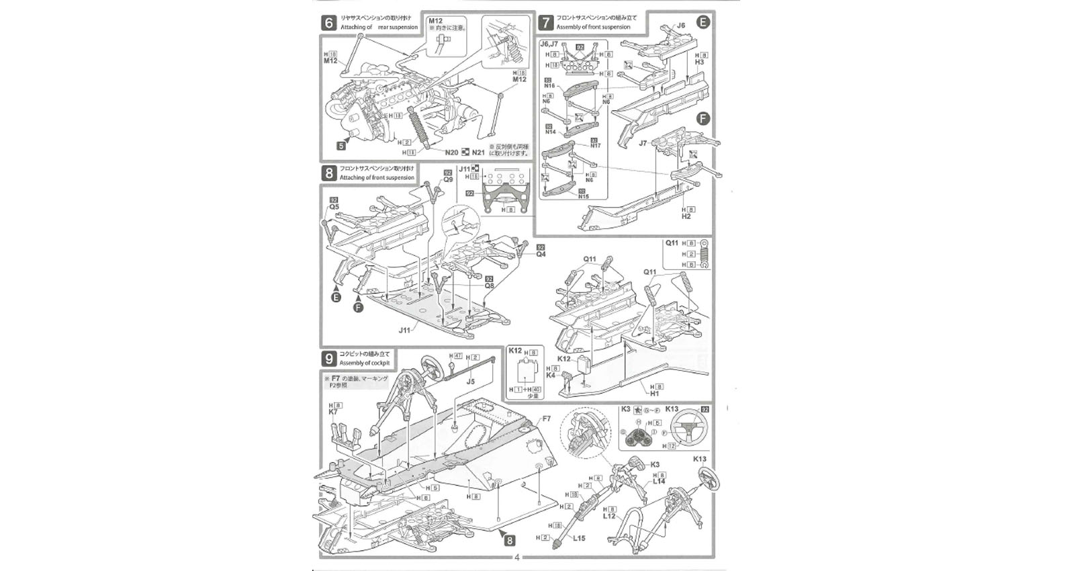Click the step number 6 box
click(328, 24)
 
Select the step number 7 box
click(545, 23)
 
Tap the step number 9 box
click(328, 359)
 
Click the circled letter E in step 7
click(702, 22)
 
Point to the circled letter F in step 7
click(702, 119)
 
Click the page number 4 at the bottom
click(516, 557)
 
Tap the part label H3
click(699, 62)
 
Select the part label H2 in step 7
click(686, 216)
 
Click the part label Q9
click(448, 180)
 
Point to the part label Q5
click(334, 207)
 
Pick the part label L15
click(579, 538)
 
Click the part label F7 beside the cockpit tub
click(546, 419)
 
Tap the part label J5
click(471, 382)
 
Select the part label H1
click(654, 394)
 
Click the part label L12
click(609, 516)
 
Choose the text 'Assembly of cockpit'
click(364, 363)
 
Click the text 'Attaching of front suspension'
click(377, 178)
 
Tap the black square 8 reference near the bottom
click(509, 539)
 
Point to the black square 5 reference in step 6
click(341, 145)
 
